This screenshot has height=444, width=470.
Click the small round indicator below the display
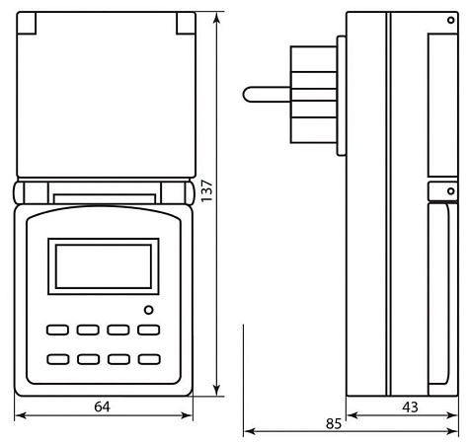pos(148,311)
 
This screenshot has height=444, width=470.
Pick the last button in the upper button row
pos(149,331)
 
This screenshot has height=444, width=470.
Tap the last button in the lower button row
pos(149,360)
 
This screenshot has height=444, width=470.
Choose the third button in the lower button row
pos(119,360)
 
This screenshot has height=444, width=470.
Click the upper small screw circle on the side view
pos(451,23)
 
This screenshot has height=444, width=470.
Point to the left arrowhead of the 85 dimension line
pos(248,431)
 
